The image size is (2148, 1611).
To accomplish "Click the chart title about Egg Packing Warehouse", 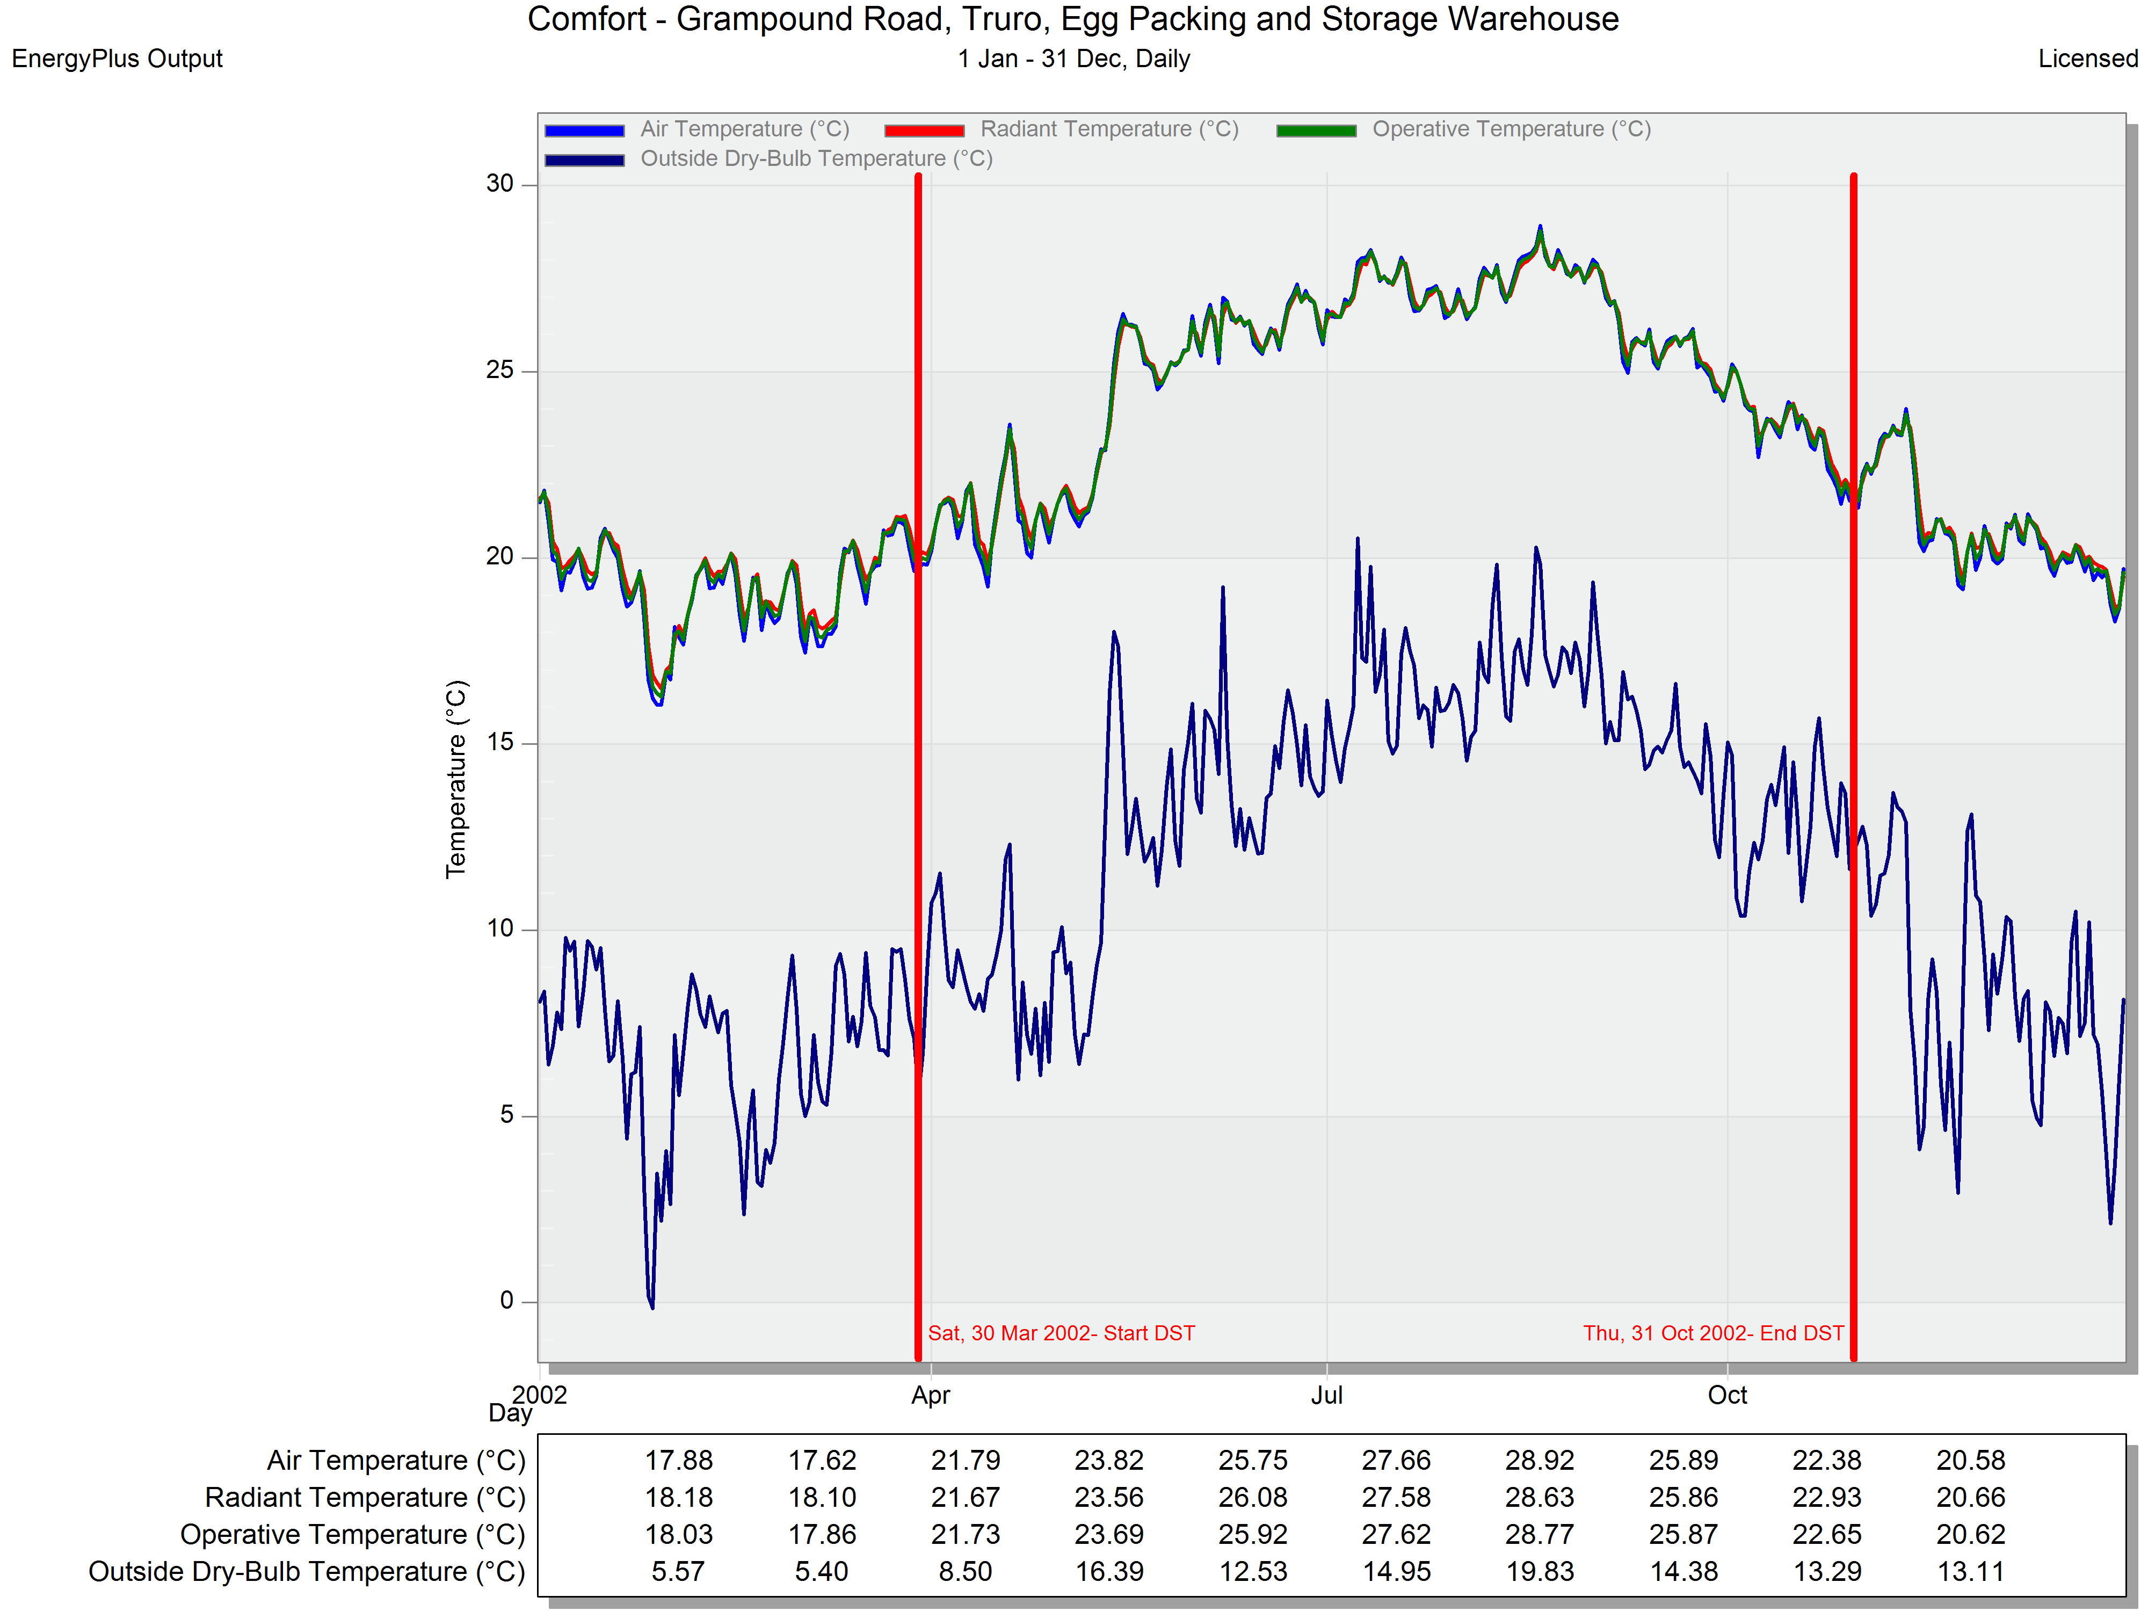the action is [x=1073, y=19].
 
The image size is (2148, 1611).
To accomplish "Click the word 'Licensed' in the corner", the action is [x=2088, y=59].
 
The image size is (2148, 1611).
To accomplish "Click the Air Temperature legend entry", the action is [x=697, y=129].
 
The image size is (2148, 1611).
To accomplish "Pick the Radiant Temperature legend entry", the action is [x=1061, y=129].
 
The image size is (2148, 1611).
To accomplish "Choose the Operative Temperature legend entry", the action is [x=1463, y=129].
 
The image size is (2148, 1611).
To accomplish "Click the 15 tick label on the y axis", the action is [x=500, y=743].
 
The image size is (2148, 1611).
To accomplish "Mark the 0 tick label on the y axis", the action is [x=507, y=1301].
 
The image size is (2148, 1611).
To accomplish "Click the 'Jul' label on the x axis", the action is [x=1326, y=1396].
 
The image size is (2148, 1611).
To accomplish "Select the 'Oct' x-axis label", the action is [x=1728, y=1396].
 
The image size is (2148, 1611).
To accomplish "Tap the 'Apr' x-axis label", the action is [x=930, y=1396].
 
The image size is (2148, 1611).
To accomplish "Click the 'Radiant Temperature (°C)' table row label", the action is [x=365, y=1497].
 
